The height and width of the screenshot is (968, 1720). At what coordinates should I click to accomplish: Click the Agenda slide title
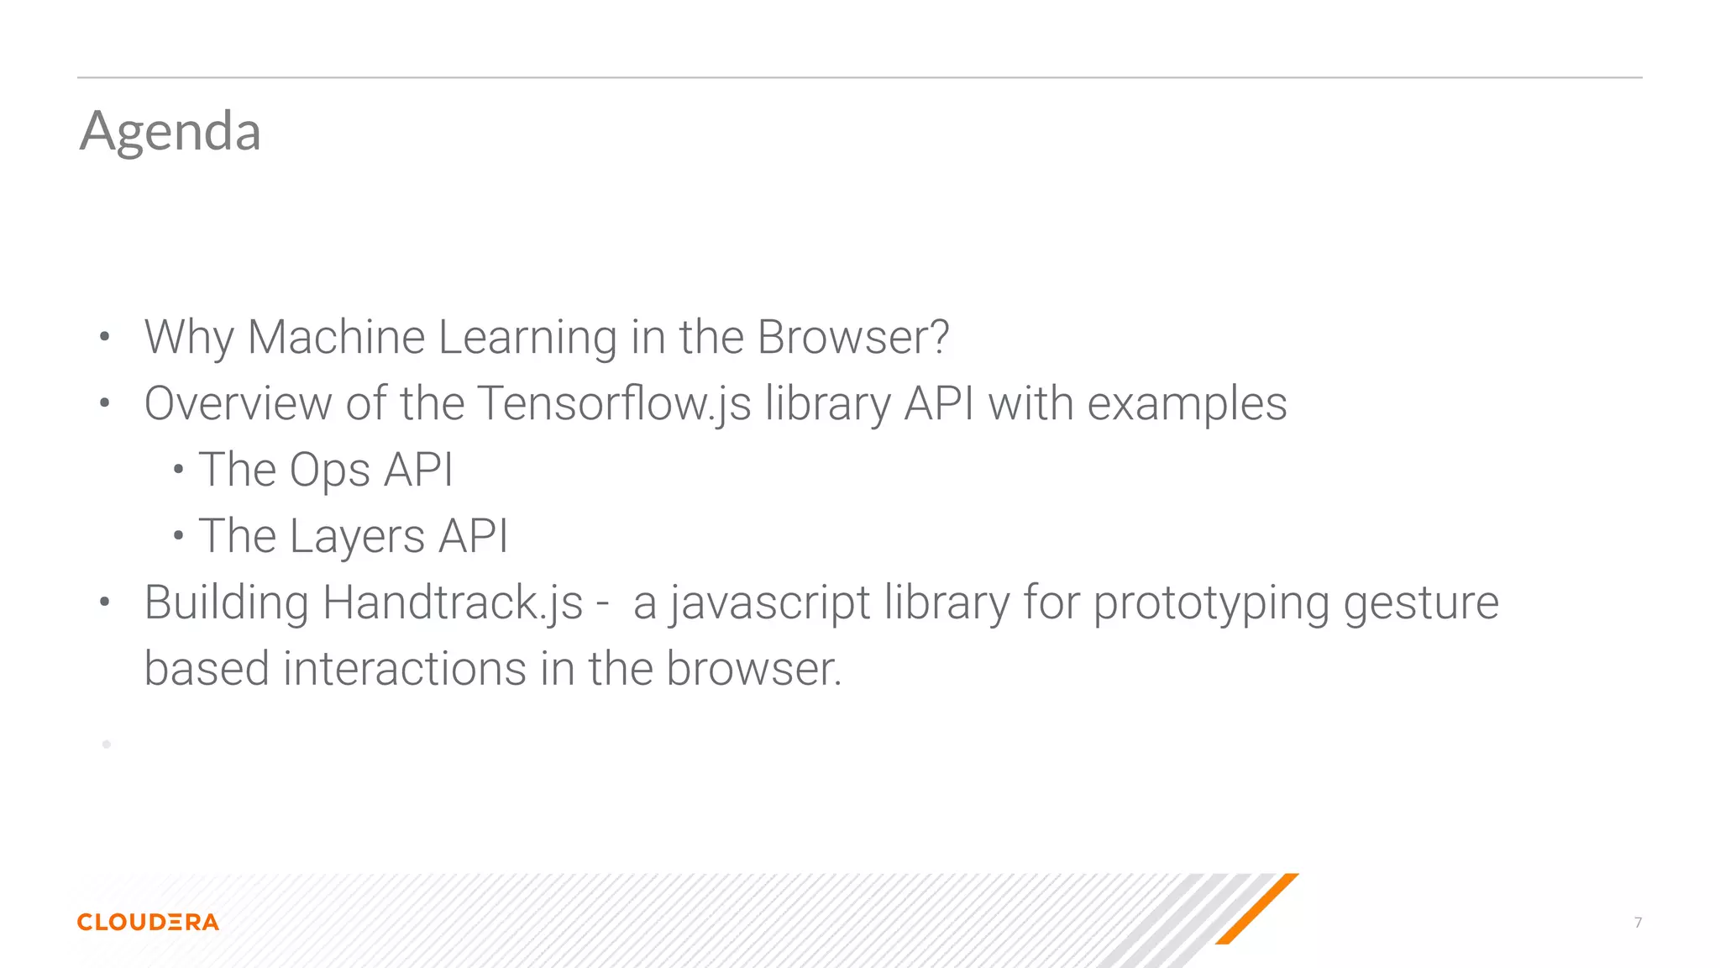(x=170, y=131)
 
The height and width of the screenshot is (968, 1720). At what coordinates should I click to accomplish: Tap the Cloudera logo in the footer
(x=148, y=922)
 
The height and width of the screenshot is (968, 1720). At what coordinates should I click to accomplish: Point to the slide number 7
(x=1638, y=923)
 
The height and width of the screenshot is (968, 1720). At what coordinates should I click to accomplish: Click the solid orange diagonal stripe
(x=1256, y=909)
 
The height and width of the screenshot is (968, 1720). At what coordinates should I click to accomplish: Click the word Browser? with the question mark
(x=852, y=337)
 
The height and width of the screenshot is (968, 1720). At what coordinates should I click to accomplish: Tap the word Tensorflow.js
(x=614, y=403)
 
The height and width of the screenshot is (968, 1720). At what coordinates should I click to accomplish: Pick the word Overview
(x=238, y=403)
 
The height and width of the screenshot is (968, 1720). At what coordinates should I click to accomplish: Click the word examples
(x=1187, y=403)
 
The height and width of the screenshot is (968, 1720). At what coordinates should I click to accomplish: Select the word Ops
(x=329, y=470)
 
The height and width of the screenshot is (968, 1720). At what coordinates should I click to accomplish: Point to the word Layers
(x=357, y=536)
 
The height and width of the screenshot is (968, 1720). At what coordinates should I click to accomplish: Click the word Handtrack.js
(x=452, y=602)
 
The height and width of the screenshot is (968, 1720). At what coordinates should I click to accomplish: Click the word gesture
(x=1421, y=602)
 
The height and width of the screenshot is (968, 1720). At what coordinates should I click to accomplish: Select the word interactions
(x=405, y=669)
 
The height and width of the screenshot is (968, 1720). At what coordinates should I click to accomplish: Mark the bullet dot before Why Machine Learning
(x=104, y=338)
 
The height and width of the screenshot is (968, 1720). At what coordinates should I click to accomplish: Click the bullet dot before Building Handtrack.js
(x=104, y=602)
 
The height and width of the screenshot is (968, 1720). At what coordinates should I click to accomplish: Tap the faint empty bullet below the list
(x=107, y=744)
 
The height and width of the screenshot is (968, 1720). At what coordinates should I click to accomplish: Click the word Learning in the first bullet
(x=527, y=337)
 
